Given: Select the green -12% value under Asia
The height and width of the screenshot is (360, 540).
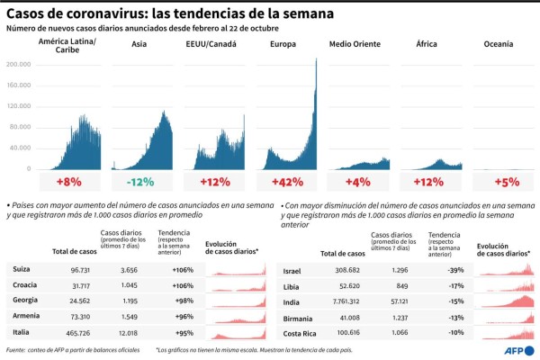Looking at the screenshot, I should (140, 183).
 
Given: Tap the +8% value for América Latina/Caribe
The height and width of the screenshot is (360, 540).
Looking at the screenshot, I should (68, 183).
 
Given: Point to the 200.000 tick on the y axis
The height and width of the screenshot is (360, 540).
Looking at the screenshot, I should (19, 65).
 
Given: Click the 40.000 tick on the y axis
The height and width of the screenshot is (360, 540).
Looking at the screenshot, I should (21, 148).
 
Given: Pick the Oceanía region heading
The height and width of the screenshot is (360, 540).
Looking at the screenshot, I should (499, 44).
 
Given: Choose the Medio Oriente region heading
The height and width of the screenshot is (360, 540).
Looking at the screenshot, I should (356, 44).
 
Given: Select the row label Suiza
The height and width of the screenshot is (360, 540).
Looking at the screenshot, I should (22, 269).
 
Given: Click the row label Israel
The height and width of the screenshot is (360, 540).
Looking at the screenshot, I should (293, 269).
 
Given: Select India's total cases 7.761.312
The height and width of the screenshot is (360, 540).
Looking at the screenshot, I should (341, 301).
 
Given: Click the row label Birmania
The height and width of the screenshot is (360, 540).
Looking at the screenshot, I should (299, 317).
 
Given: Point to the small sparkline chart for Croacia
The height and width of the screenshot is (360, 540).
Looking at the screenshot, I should (237, 285).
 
